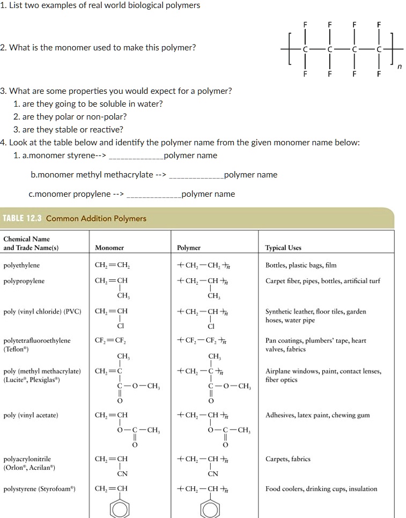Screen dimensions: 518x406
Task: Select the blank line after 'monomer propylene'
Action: pyautogui.click(x=153, y=194)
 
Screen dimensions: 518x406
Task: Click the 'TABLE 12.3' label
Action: pyautogui.click(x=23, y=218)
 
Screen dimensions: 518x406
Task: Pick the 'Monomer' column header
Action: pyautogui.click(x=109, y=248)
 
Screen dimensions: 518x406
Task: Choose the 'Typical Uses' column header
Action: pyautogui.click(x=283, y=248)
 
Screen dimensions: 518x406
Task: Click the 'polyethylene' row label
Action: pyautogui.click(x=21, y=265)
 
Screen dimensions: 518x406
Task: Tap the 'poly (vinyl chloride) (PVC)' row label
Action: pyautogui.click(x=42, y=312)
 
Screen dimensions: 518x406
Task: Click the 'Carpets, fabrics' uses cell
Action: pyautogui.click(x=288, y=459)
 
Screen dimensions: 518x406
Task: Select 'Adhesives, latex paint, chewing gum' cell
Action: pyautogui.click(x=318, y=415)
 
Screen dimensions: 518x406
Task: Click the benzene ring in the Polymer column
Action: pyautogui.click(x=213, y=508)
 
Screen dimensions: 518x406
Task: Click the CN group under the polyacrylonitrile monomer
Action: pyautogui.click(x=122, y=473)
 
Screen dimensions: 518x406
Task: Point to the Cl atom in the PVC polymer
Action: pyautogui.click(x=211, y=326)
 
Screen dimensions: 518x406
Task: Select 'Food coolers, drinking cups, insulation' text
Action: pyautogui.click(x=321, y=489)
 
